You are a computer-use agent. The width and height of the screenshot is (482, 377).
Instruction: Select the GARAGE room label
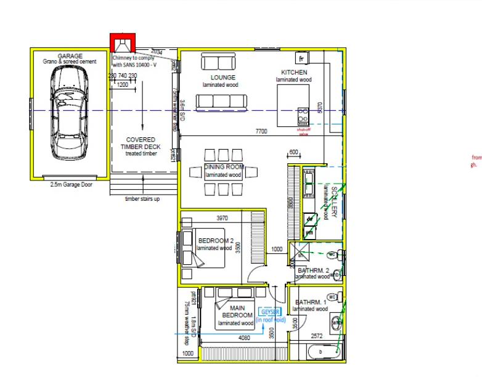[x=70, y=56]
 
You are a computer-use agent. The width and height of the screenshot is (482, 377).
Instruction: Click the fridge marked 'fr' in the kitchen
[x=302, y=59]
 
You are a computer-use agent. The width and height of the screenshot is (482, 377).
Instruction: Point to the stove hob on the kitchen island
[x=303, y=115]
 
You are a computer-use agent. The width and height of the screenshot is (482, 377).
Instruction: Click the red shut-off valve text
[x=303, y=132]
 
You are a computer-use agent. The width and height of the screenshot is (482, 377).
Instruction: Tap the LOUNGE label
[x=223, y=78]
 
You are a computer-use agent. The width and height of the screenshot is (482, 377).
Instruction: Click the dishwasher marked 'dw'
[x=309, y=217]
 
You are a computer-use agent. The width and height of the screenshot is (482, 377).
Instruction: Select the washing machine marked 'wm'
[x=309, y=232]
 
